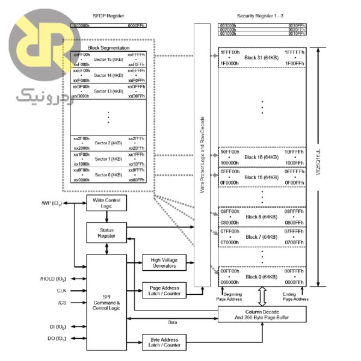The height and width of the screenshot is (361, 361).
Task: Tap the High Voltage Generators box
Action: (x=164, y=262)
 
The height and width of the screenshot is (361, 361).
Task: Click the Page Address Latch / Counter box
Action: (x=164, y=289)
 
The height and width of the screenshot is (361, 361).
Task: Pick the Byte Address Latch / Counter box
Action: (x=164, y=342)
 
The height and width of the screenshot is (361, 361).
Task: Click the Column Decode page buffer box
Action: (x=261, y=314)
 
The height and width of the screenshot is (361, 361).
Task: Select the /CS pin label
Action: (x=62, y=302)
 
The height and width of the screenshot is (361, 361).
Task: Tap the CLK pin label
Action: (x=61, y=291)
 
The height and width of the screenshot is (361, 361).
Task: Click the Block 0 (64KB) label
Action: (x=262, y=276)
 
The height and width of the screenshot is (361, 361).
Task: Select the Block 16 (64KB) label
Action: (x=262, y=157)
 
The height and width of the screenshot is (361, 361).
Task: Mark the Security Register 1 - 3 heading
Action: (x=261, y=17)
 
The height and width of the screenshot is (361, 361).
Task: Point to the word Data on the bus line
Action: (x=172, y=322)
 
